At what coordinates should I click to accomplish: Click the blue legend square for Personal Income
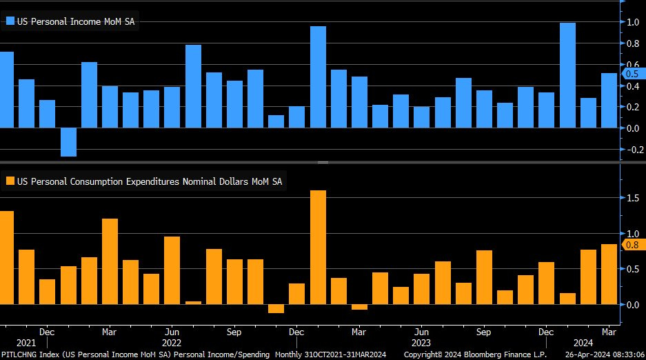[x=10, y=21]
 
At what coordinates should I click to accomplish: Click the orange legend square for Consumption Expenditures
[x=10, y=181]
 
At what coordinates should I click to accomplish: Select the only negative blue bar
[x=68, y=142]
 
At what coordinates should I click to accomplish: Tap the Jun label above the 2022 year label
[x=172, y=332]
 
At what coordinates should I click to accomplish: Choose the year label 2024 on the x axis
[x=585, y=343]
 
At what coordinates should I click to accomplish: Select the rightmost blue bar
[x=609, y=101]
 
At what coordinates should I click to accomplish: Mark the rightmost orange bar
[x=609, y=274]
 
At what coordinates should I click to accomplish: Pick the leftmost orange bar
[x=6, y=257]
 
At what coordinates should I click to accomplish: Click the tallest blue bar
[x=567, y=75]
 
